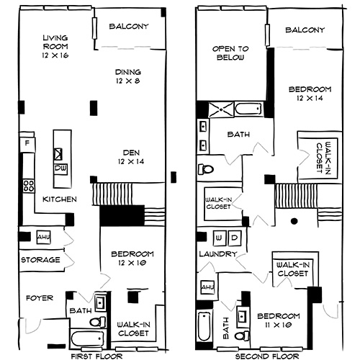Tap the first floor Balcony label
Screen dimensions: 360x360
129,27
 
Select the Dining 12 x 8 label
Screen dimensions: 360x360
127,76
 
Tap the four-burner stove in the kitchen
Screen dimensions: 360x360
29,186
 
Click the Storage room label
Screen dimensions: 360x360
40,259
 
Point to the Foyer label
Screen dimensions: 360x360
36,297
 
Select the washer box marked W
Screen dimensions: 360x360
220,236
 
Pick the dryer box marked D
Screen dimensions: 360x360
233,236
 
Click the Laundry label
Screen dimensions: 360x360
220,255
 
